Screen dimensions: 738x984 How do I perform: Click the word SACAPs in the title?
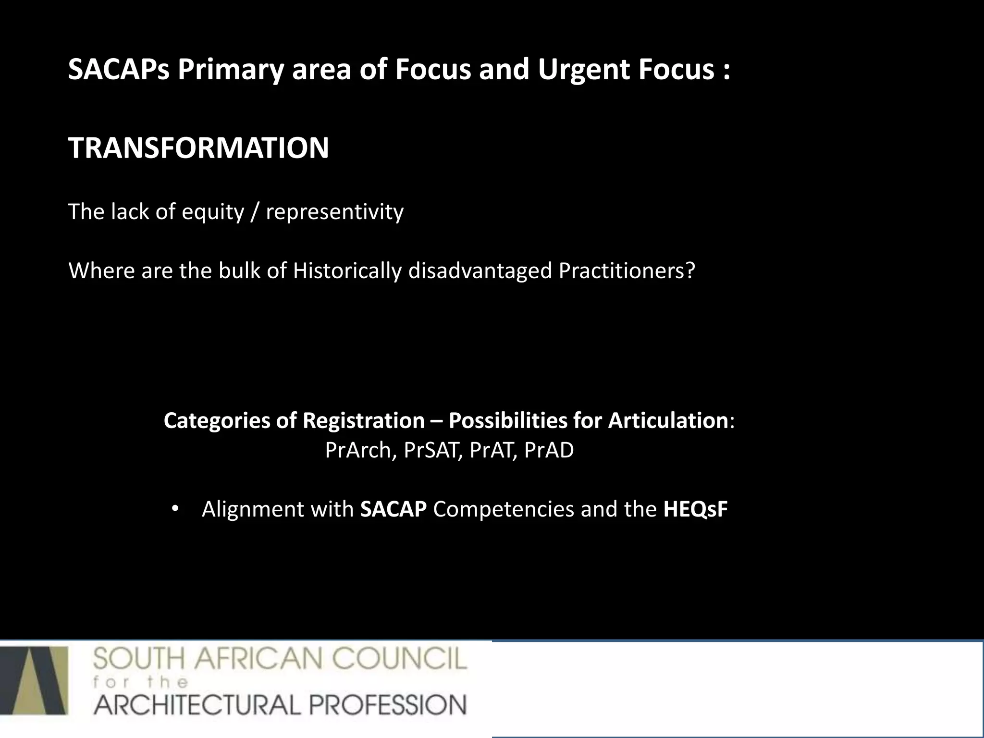119,70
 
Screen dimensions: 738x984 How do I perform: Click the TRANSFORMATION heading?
198,148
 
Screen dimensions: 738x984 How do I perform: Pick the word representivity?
334,212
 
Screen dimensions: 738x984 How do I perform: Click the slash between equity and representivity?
255,212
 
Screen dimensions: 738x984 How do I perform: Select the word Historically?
347,271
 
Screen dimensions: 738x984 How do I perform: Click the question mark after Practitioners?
690,271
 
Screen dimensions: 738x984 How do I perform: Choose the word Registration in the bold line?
364,421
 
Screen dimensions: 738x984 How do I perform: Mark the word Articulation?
668,421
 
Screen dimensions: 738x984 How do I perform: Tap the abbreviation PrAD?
549,451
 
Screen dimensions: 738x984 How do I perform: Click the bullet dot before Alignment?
174,509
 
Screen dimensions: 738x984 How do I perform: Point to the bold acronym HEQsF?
695,509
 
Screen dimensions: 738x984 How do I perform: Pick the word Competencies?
503,509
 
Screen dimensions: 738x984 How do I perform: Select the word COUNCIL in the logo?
400,659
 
